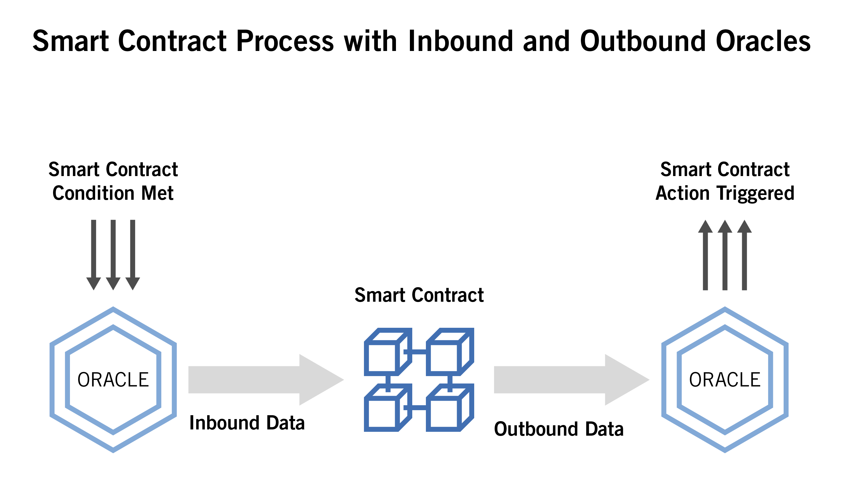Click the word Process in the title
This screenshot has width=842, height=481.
(285, 41)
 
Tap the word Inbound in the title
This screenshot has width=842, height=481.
(460, 41)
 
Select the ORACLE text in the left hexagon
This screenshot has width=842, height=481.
(113, 380)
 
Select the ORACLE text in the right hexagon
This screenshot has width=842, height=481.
(724, 380)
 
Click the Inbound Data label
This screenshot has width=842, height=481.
(246, 423)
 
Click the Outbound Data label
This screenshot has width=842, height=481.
(558, 429)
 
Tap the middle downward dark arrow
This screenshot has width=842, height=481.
(113, 254)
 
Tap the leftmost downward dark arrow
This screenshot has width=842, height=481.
(93, 254)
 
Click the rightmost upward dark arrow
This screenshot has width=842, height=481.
(744, 254)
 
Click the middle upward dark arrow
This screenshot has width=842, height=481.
(724, 254)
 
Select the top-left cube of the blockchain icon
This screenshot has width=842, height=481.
(387, 352)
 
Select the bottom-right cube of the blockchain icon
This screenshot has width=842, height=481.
(449, 408)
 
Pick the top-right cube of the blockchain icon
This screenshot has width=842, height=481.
(449, 352)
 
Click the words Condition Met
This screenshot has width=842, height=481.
(113, 193)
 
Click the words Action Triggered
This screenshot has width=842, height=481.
(724, 193)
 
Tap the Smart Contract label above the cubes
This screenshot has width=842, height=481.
(419, 295)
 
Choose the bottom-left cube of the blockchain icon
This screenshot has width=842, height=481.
(387, 408)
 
